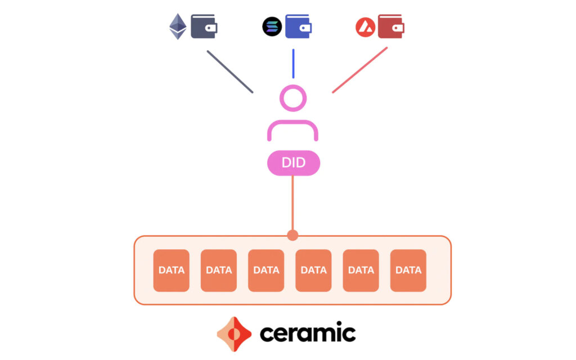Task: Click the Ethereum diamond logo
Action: (x=178, y=26)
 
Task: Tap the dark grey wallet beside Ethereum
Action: (x=204, y=26)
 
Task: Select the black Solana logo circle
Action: (x=272, y=26)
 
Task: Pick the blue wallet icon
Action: (x=298, y=26)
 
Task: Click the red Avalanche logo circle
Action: (x=365, y=26)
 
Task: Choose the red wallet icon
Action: (x=391, y=26)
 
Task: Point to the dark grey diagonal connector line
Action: (x=229, y=71)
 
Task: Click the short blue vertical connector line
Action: (x=293, y=64)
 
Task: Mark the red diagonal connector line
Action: (x=359, y=70)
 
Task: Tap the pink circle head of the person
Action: (x=292, y=98)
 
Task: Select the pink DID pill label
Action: (x=293, y=163)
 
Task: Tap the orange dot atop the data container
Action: (x=292, y=235)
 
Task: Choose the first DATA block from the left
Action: (x=172, y=270)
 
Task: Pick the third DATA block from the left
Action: (x=266, y=270)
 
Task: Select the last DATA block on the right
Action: (x=408, y=270)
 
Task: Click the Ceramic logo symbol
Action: (x=234, y=334)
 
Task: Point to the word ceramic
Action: (x=307, y=333)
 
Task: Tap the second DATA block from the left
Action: (x=219, y=270)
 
